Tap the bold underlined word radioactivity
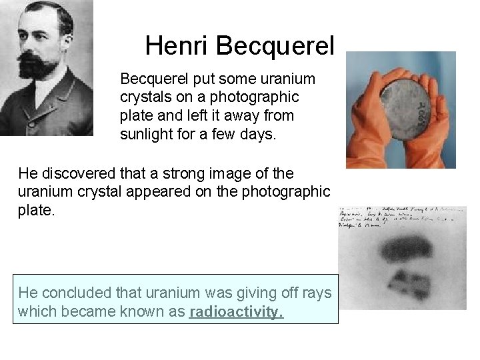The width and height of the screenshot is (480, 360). click(x=236, y=312)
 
